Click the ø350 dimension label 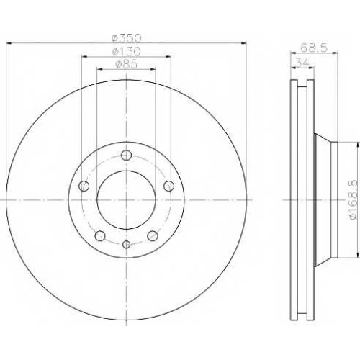point(127,38)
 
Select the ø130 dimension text point(126,51)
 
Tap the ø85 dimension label point(126,64)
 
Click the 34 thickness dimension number point(302,63)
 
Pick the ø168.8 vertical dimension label point(354,199)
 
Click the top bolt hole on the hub point(126,156)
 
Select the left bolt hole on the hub point(84,186)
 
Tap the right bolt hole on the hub point(168,186)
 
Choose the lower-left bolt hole point(100,236)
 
